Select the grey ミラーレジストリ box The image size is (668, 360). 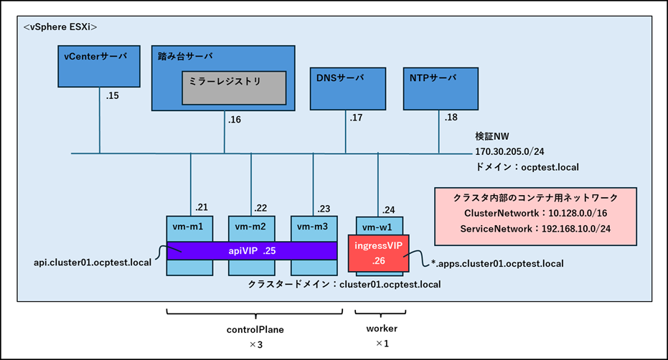tap(234, 87)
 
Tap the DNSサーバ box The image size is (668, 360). tap(346, 87)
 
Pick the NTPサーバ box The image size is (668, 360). tap(439, 87)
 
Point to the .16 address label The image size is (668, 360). tap(235, 120)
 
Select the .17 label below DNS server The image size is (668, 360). tap(357, 117)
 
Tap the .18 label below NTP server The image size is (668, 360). tap(451, 117)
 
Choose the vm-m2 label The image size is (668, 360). tap(251, 227)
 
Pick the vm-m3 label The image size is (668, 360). tap(313, 227)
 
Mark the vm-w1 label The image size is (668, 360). tap(377, 227)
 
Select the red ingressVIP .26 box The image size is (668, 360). tap(378, 252)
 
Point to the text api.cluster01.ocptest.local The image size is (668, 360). tap(93, 262)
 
